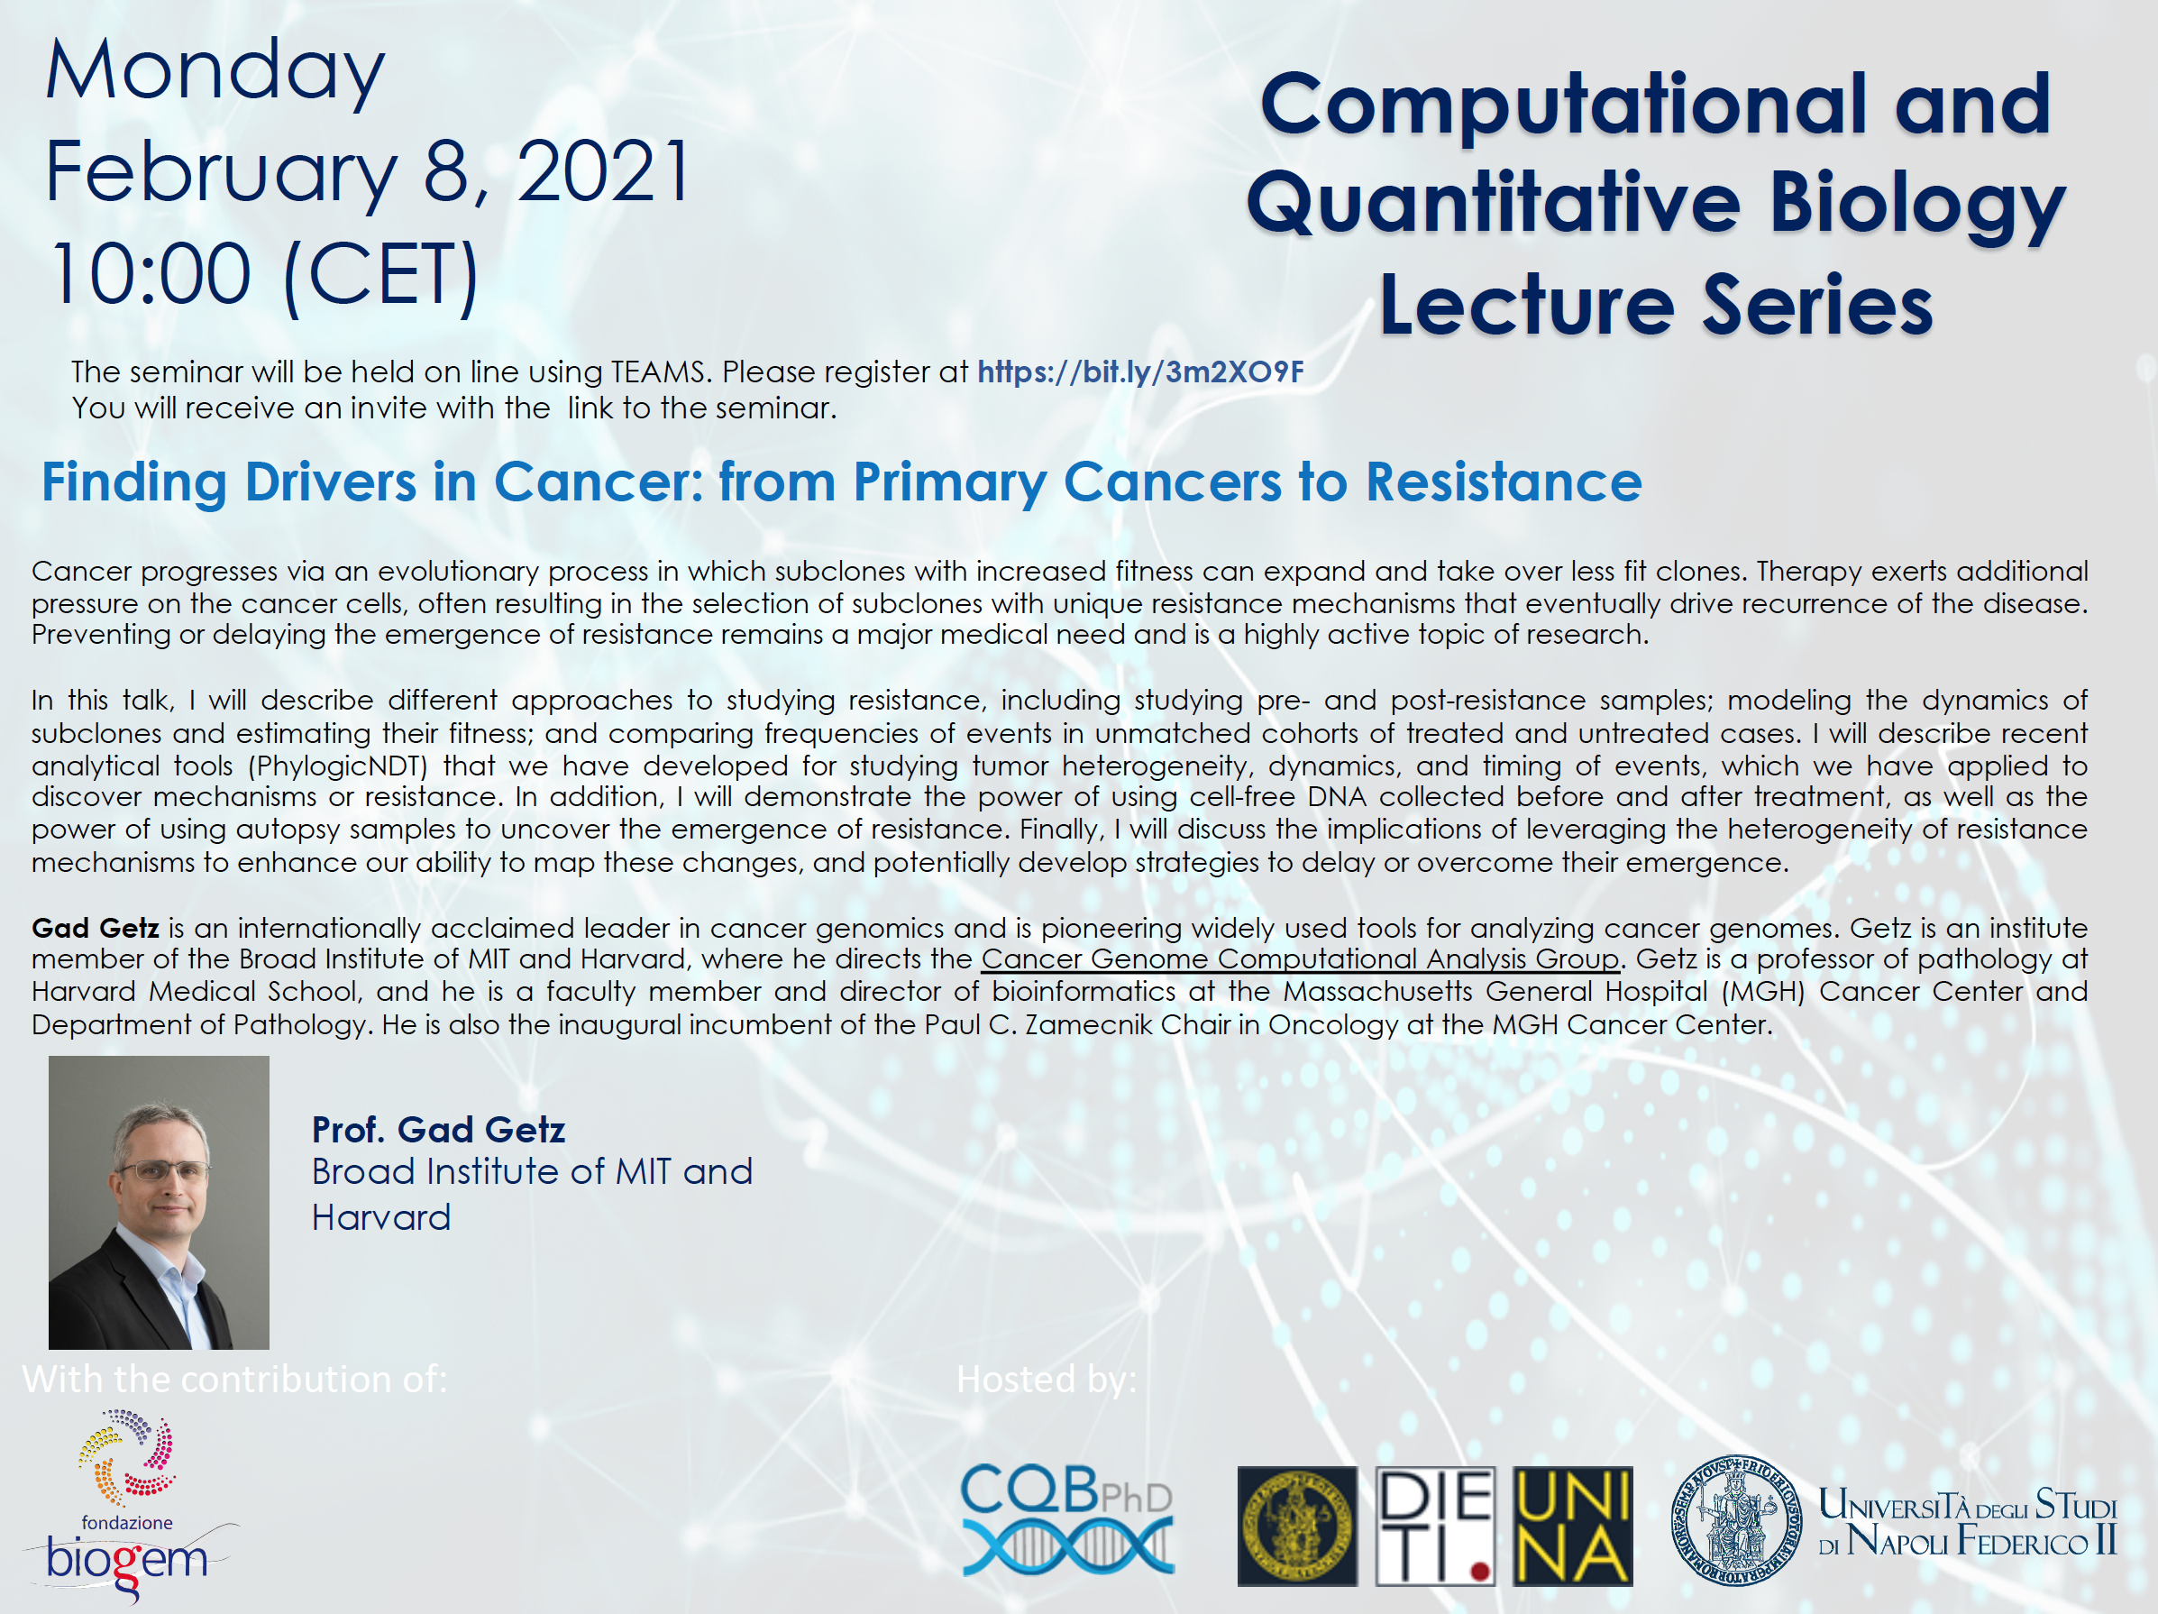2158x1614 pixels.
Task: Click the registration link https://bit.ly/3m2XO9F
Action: (1140, 371)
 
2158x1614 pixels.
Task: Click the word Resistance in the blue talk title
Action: (1504, 481)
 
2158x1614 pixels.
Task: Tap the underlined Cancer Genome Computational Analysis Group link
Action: (1301, 959)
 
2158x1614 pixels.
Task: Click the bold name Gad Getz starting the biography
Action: (96, 927)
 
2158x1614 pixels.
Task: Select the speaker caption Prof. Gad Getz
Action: (438, 1130)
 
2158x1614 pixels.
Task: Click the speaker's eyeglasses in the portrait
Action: (162, 1171)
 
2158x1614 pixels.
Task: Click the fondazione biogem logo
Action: (130, 1504)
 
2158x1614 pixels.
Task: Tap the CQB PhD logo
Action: (1067, 1519)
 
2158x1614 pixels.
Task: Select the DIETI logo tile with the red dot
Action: (1435, 1527)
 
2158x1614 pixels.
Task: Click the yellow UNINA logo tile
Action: (1573, 1527)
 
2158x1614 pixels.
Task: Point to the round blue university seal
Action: (1736, 1520)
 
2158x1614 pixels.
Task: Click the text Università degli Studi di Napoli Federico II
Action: (1967, 1522)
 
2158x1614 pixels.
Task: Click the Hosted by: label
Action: (1046, 1379)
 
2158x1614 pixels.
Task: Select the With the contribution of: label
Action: (234, 1379)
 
